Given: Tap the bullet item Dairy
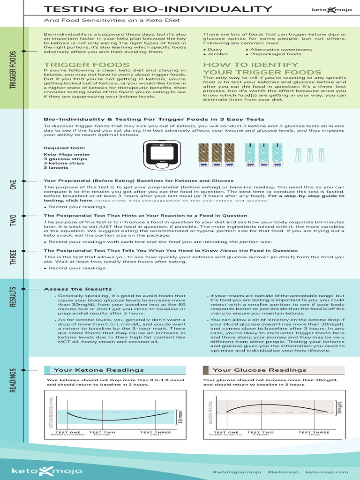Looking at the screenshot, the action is [x=215, y=49].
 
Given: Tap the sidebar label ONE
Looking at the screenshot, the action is [x=14, y=185].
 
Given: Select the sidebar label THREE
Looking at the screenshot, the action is [x=14, y=257].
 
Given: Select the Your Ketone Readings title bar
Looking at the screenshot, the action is [x=115, y=370].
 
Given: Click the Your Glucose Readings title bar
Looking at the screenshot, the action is [x=274, y=370].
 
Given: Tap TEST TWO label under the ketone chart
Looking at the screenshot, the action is [x=102, y=433].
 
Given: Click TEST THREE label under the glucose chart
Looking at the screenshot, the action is [x=314, y=433].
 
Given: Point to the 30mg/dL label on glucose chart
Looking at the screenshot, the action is [x=339, y=408].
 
